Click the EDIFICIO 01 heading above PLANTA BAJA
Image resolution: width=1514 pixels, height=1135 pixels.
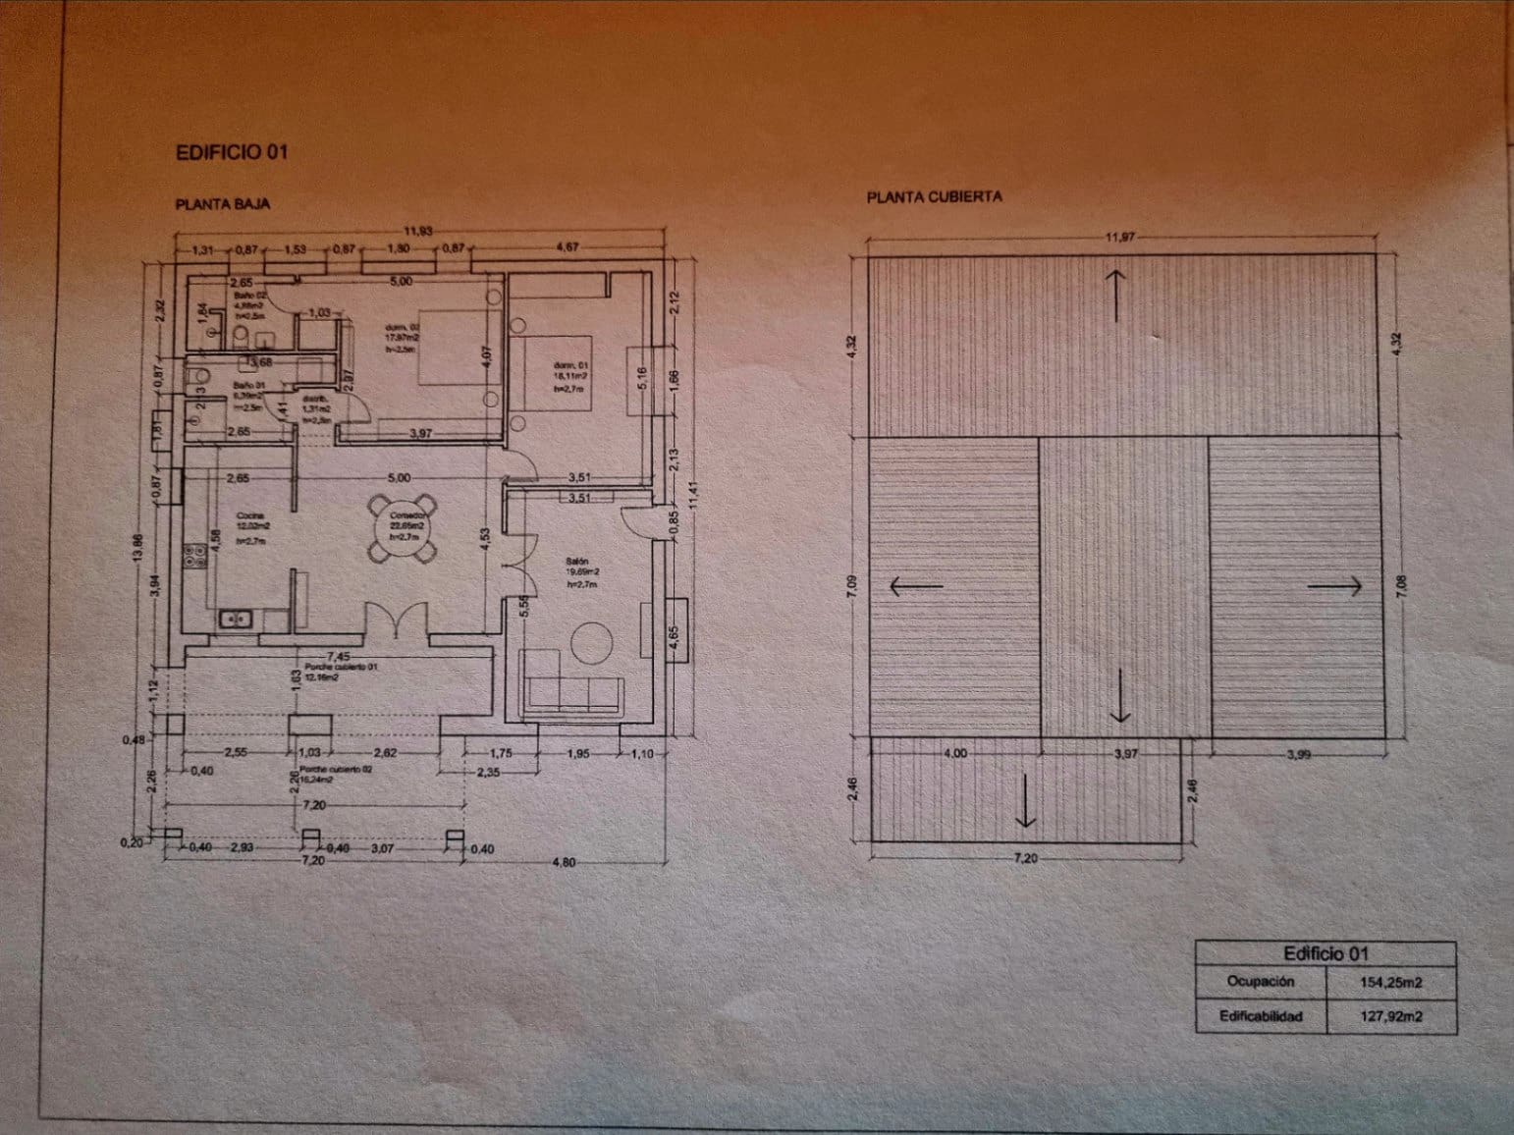click(x=232, y=152)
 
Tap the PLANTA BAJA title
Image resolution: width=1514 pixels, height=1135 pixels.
click(x=223, y=205)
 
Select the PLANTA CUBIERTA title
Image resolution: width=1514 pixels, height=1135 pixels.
click(x=934, y=196)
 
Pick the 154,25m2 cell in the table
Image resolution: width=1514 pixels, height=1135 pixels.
click(x=1390, y=981)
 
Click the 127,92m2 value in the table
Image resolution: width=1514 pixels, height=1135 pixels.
click(x=1390, y=1016)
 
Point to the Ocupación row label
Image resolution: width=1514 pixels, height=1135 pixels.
click(x=1261, y=981)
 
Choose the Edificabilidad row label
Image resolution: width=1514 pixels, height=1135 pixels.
click(x=1261, y=1016)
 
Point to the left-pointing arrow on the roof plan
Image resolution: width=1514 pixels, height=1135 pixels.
click(x=915, y=587)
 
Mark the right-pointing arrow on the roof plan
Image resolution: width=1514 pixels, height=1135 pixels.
click(x=1334, y=586)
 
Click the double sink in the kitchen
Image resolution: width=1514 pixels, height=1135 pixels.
click(x=236, y=619)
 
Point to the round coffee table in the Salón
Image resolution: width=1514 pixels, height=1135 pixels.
click(x=592, y=643)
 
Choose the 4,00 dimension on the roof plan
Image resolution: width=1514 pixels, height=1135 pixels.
click(x=954, y=754)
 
